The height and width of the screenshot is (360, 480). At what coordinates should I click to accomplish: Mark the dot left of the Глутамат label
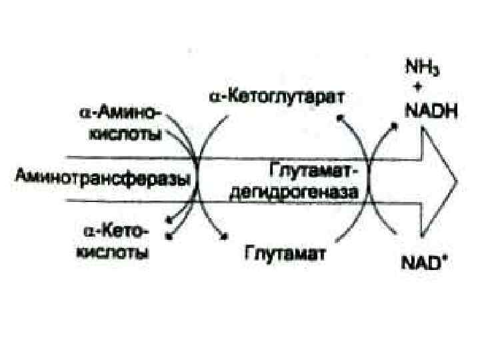pos(223,234)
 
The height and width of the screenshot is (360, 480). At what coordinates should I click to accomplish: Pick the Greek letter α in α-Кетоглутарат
pos(215,98)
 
